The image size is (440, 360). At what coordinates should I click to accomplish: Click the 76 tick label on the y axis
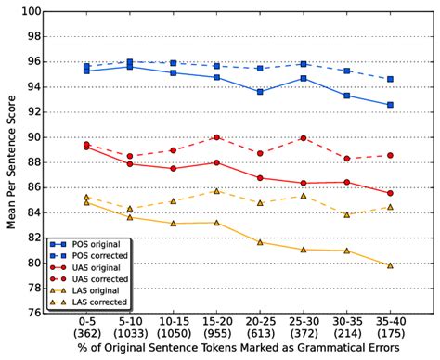coord(32,313)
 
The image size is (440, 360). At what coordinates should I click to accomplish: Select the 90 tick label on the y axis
coord(32,137)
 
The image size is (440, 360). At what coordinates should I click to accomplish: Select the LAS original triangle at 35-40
coord(390,265)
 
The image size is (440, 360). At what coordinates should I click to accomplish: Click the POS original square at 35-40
coord(390,105)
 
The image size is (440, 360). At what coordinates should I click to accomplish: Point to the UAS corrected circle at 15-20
coord(216,137)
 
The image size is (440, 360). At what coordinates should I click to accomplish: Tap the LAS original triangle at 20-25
coord(260,242)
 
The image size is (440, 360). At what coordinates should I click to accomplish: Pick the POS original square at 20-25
coord(260,92)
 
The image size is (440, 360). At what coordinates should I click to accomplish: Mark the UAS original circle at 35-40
coord(390,193)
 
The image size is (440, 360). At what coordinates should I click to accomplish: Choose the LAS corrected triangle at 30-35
coord(346,214)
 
